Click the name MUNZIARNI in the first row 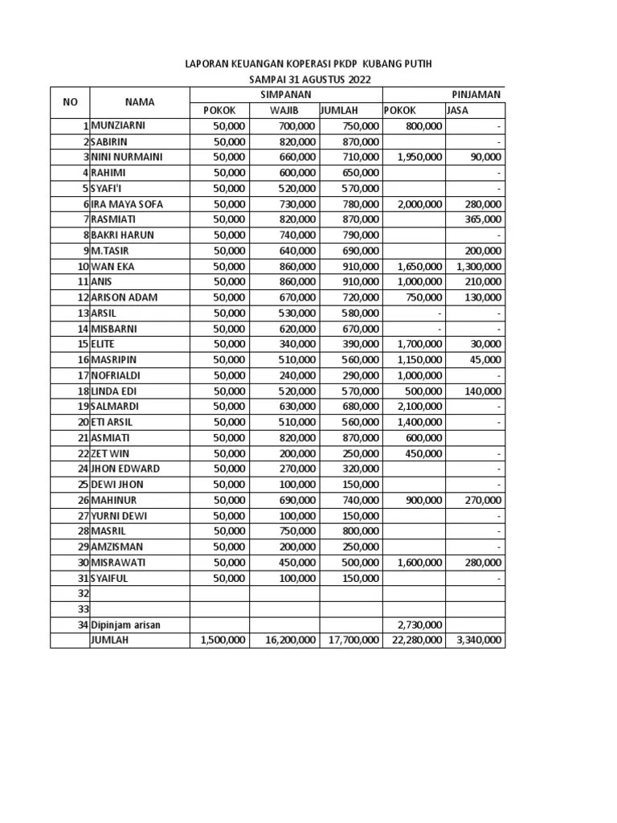[118, 126]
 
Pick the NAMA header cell [140, 102]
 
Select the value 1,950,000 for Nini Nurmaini [419, 157]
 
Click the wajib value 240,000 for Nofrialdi [296, 375]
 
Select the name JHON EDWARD [125, 469]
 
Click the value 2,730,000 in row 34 [419, 624]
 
